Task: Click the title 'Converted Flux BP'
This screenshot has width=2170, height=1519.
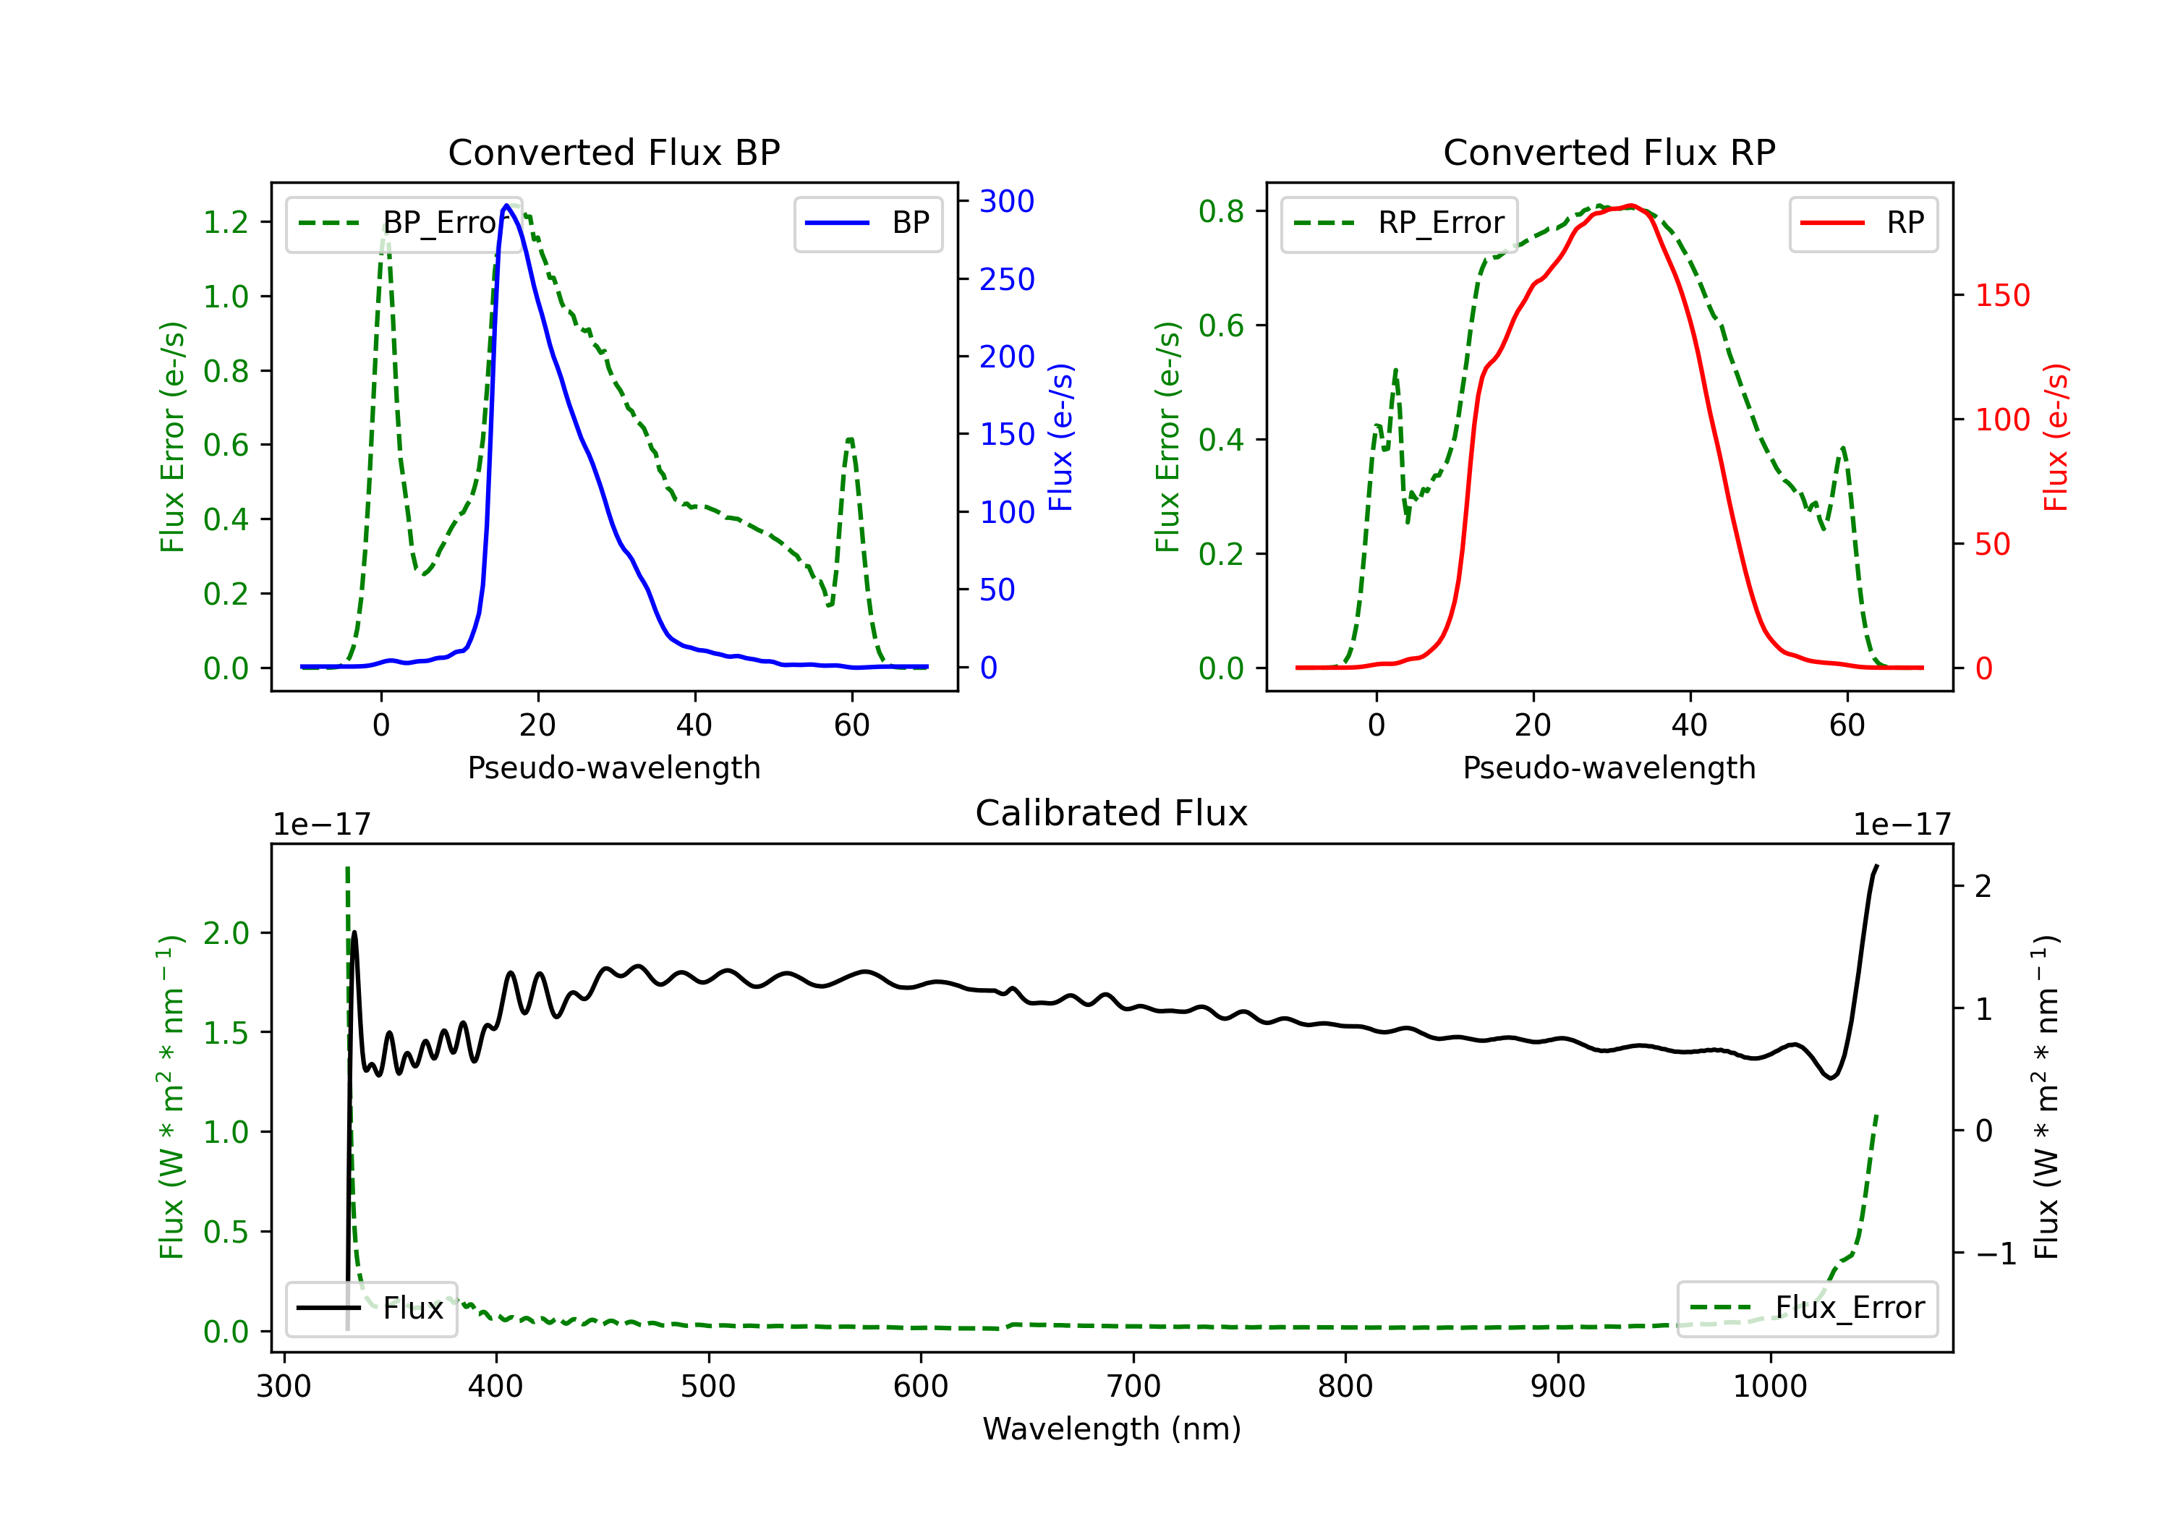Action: click(613, 152)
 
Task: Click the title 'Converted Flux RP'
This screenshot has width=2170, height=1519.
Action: click(1609, 152)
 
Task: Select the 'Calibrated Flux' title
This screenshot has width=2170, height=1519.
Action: click(1112, 813)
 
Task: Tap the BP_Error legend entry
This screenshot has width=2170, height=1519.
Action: click(404, 223)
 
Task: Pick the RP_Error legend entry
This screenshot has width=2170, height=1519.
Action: click(1399, 223)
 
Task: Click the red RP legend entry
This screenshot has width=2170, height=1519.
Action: click(1863, 223)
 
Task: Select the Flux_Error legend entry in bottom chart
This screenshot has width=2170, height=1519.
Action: click(1807, 1309)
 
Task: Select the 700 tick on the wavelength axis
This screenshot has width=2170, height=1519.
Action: click(1133, 1387)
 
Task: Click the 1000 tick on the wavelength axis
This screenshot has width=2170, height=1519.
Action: click(1770, 1387)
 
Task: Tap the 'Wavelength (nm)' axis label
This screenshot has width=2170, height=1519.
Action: click(1112, 1429)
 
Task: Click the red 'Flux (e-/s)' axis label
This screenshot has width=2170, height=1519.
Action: click(2056, 437)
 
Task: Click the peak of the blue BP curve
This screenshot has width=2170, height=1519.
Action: click(506, 205)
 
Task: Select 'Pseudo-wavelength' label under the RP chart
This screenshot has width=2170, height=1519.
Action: click(1609, 767)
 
